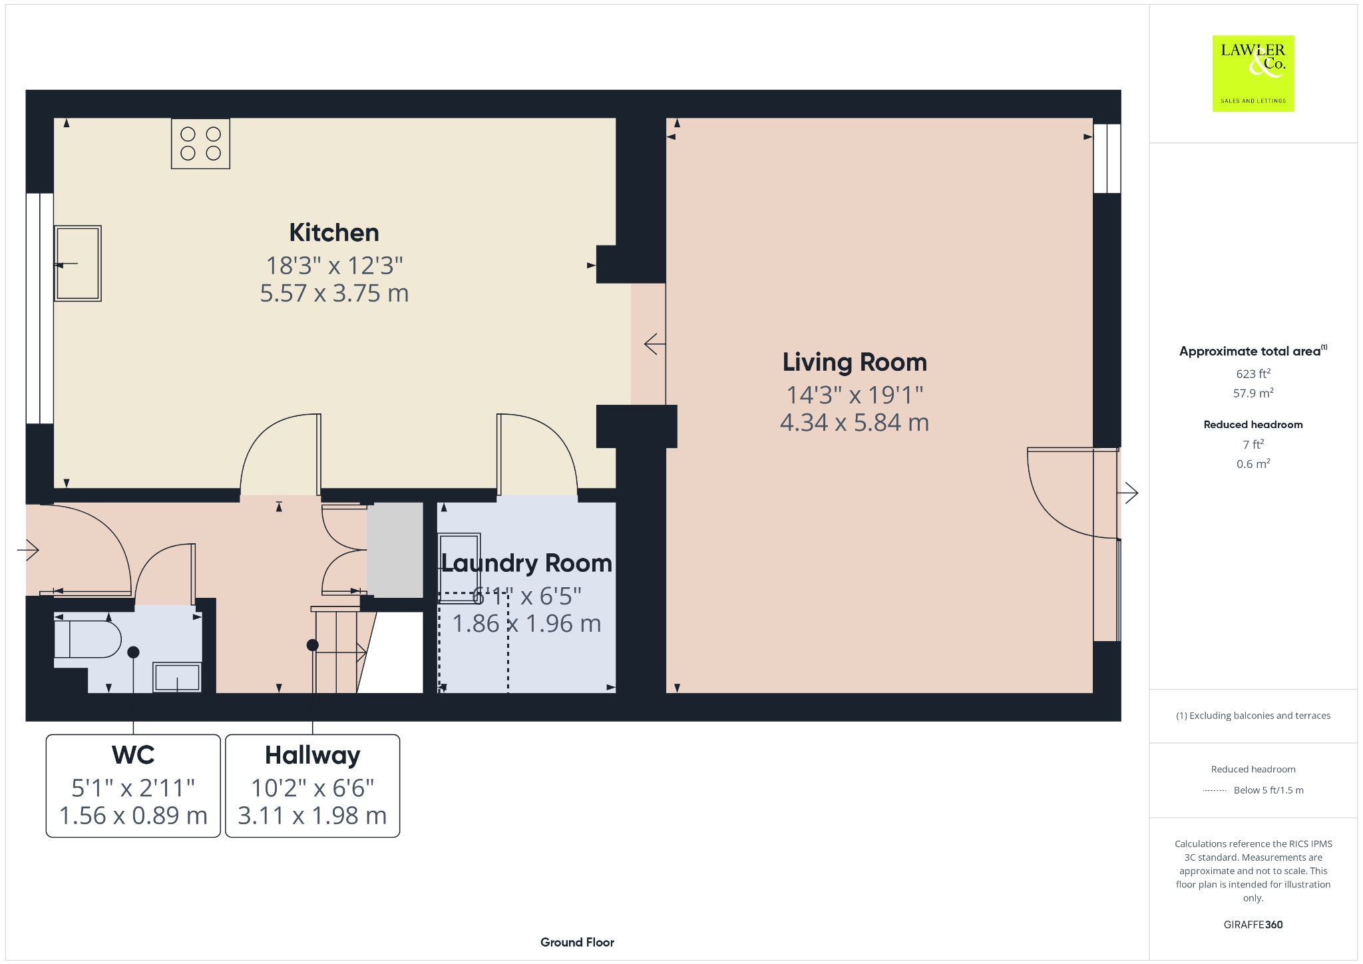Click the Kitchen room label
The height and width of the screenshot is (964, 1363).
(334, 233)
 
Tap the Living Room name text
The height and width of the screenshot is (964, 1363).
(855, 363)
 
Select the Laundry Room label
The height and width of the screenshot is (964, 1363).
(526, 564)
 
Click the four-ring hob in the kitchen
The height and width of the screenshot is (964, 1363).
(200, 143)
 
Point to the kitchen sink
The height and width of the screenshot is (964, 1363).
(78, 263)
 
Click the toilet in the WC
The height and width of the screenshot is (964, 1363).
(87, 640)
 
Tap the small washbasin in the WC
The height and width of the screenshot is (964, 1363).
(177, 677)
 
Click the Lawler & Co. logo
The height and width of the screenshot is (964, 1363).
(1253, 73)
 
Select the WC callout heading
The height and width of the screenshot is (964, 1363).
(133, 755)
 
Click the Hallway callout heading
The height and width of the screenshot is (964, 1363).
(313, 756)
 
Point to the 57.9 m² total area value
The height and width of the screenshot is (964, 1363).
(1253, 393)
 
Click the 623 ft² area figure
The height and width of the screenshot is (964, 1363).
(1253, 373)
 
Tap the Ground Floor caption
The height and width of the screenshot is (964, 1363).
(577, 942)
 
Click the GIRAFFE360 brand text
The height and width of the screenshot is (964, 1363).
(1253, 925)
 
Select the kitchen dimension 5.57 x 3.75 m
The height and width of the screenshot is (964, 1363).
(334, 293)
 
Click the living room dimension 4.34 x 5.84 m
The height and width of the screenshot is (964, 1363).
(855, 422)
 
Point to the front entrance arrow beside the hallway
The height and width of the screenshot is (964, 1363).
(28, 550)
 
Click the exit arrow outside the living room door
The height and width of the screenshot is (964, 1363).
(1127, 493)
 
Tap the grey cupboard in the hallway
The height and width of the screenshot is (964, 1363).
(395, 550)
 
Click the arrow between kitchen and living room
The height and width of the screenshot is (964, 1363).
(655, 344)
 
